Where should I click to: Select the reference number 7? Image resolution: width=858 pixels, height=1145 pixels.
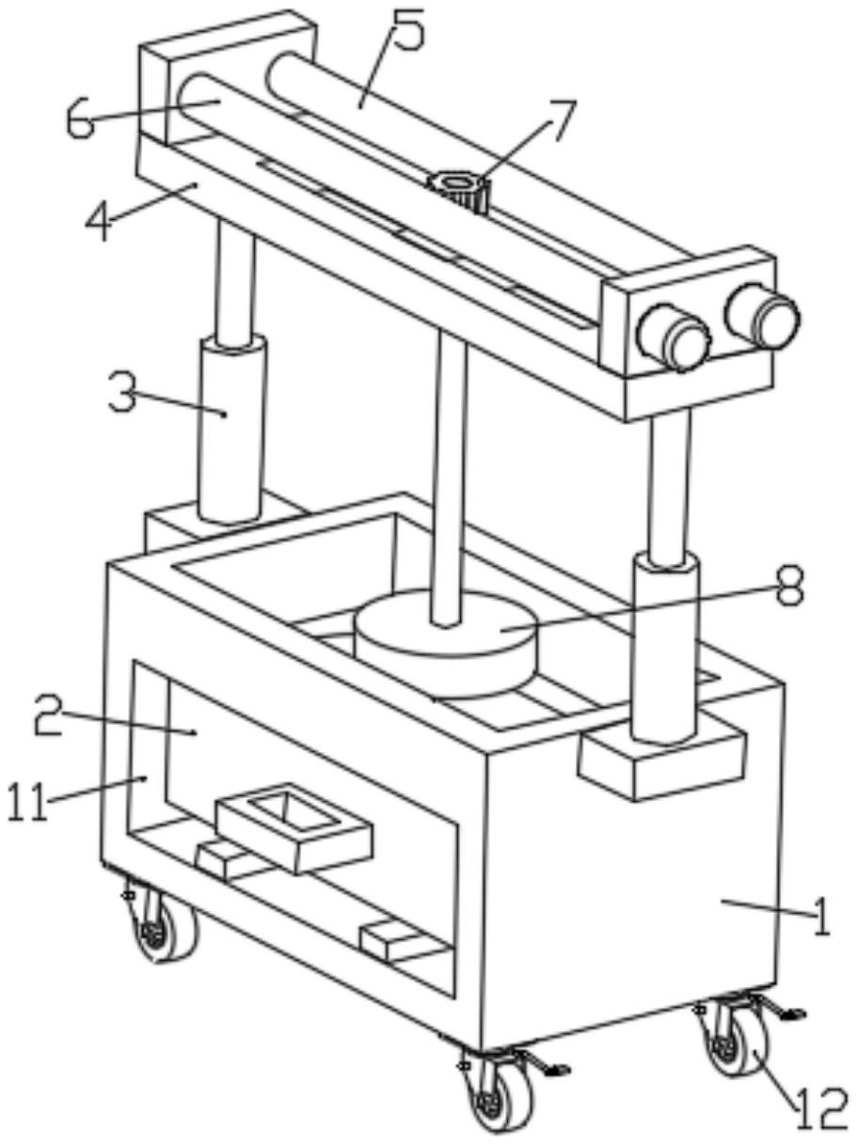(559, 120)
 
